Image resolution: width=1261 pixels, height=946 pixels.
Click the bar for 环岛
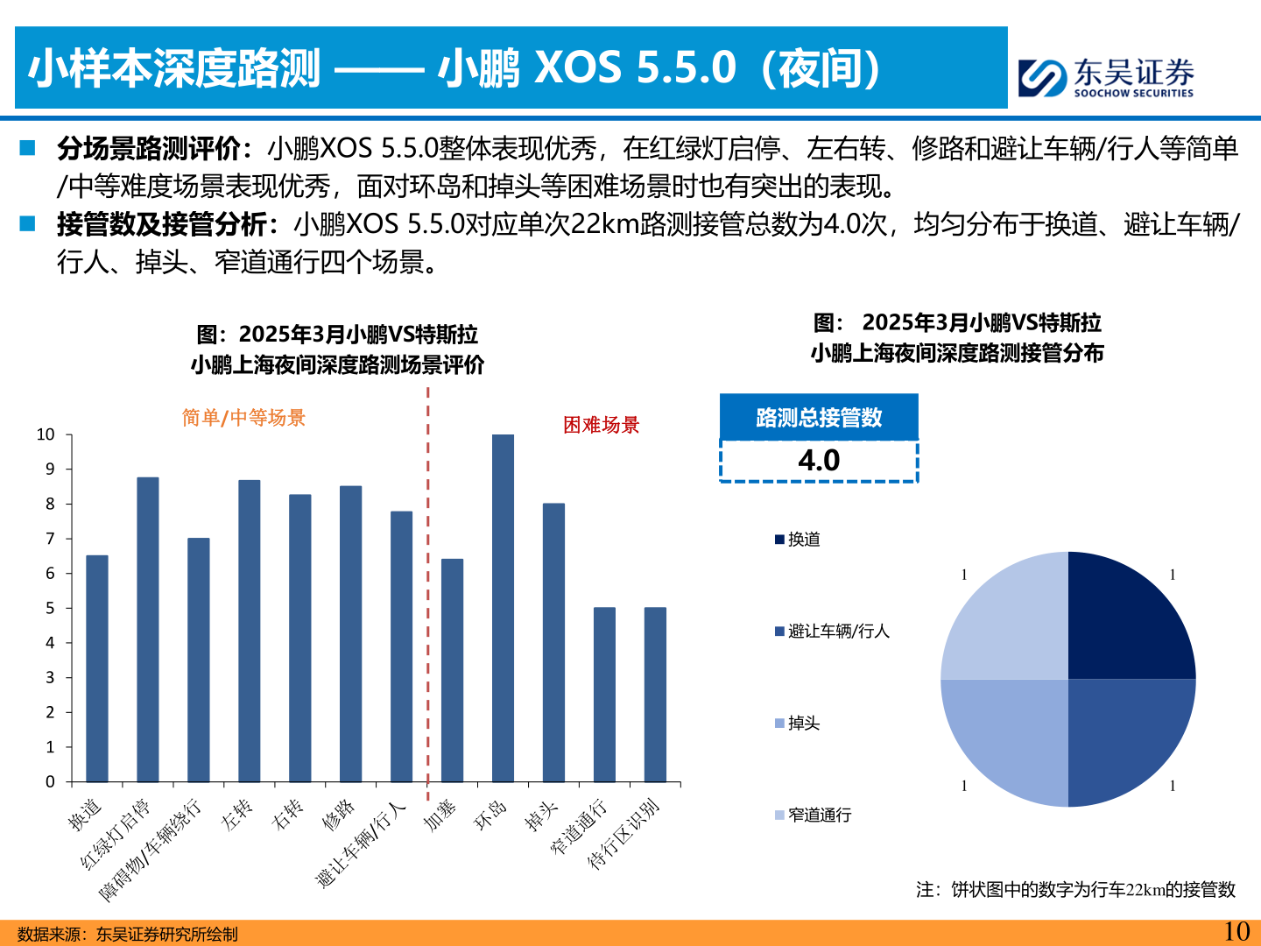[503, 608]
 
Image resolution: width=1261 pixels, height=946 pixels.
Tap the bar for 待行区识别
[655, 694]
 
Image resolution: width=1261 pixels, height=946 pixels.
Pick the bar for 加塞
[452, 670]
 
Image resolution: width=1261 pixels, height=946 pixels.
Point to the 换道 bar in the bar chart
[97, 668]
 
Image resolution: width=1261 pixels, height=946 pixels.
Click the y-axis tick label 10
[46, 434]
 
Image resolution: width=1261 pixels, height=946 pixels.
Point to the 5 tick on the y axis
[50, 608]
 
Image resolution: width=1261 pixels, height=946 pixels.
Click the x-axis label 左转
[236, 815]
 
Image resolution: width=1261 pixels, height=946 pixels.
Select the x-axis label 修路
[338, 815]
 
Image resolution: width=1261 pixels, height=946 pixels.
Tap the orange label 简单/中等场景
[243, 418]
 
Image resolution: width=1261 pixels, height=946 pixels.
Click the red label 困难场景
[601, 425]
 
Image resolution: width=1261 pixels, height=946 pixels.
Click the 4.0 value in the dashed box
[819, 461]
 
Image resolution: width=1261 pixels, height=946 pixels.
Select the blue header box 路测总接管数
[819, 417]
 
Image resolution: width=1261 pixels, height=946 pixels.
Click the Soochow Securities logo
[1106, 77]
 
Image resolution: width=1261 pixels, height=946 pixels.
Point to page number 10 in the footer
[1236, 931]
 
